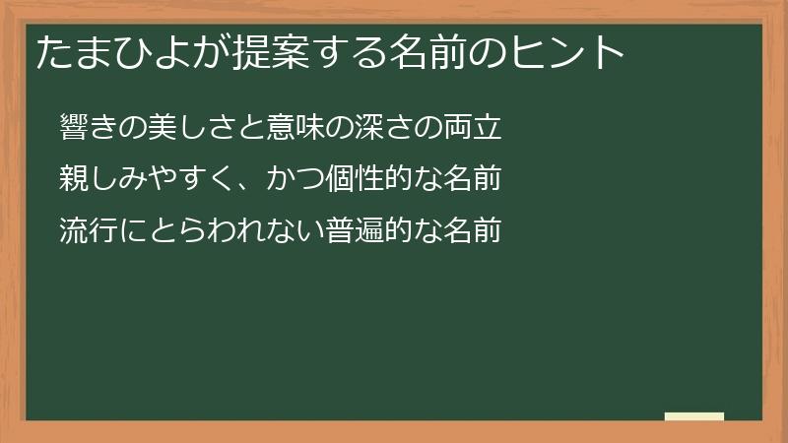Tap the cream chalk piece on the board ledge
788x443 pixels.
pos(693,416)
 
